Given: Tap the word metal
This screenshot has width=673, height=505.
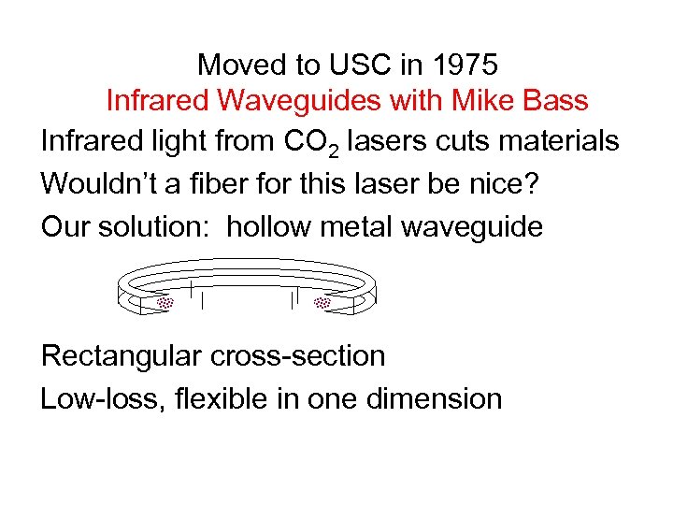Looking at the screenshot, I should point(369,227).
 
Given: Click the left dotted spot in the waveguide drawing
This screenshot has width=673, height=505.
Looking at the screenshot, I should point(165,303).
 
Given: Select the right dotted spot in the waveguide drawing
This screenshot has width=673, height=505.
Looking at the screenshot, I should point(323,303).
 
